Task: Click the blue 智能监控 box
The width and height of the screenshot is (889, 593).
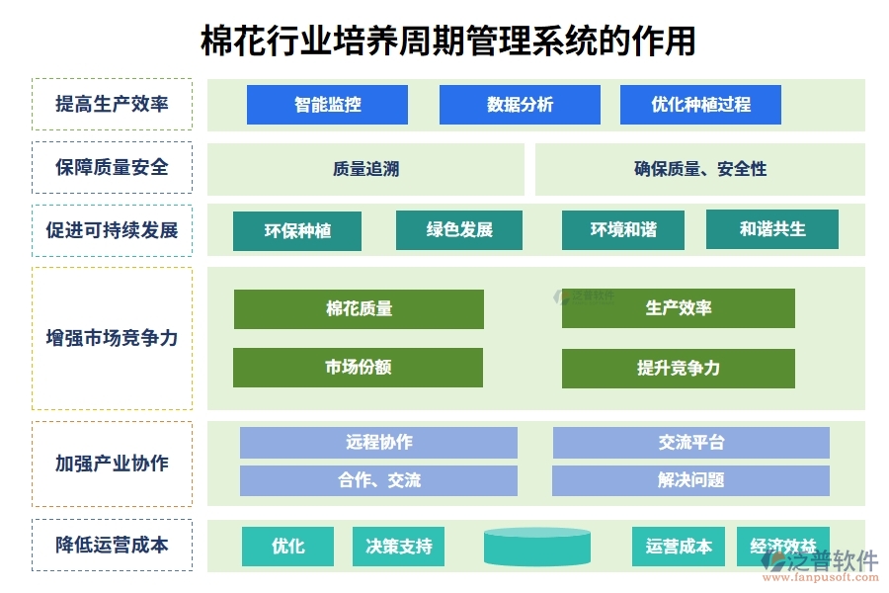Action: coord(327,105)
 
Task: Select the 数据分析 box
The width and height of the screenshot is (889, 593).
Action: coord(520,105)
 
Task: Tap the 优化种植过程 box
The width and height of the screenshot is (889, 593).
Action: coord(700,105)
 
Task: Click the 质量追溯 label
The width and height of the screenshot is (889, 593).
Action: coord(365,169)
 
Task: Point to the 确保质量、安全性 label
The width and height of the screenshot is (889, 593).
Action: coord(699,169)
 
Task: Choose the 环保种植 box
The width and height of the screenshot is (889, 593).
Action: coord(297,231)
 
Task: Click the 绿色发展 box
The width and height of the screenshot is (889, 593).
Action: coord(459,230)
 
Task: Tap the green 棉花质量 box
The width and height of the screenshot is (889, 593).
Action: coord(359,309)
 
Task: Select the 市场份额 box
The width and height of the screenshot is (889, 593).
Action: coord(358,368)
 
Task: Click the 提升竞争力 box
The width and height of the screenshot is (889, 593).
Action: coord(678,369)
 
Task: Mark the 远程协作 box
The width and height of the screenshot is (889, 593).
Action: coord(378,443)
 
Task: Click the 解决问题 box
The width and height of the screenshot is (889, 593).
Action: coord(690,480)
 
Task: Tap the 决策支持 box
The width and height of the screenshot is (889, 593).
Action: coord(398,547)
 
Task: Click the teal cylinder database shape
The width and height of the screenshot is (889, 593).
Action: coord(537,547)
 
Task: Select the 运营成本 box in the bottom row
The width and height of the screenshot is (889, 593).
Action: coord(678,547)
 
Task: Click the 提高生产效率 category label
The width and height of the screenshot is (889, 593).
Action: coord(112,105)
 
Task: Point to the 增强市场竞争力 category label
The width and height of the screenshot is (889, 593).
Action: coord(112,338)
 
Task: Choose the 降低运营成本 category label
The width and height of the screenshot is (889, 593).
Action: coord(112,545)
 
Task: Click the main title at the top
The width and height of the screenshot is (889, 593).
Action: coord(447,41)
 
